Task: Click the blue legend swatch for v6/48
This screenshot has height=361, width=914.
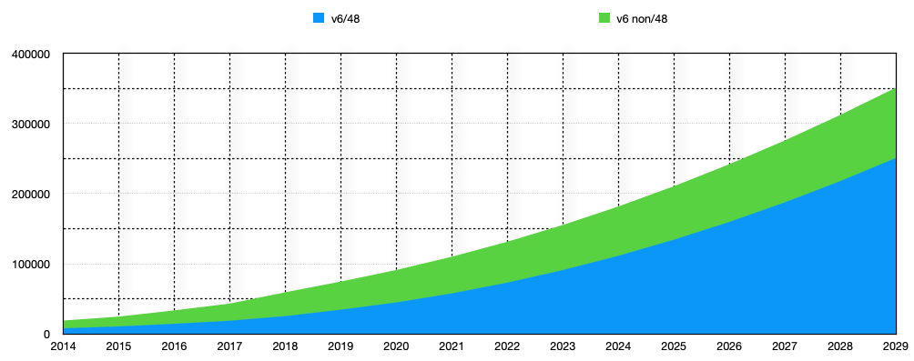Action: point(319,18)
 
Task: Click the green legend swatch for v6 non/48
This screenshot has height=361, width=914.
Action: point(604,18)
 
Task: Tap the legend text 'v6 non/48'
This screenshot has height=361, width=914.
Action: point(642,18)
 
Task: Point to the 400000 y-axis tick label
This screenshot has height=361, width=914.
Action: point(30,55)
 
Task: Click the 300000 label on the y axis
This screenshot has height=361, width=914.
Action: point(30,125)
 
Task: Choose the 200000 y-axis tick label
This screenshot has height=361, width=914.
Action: point(30,195)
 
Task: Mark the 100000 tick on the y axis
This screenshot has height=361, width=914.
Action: point(30,265)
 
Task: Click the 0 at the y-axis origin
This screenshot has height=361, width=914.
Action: point(46,335)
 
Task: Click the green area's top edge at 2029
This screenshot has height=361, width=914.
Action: point(895,89)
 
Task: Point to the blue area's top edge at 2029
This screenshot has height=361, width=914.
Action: point(895,159)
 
